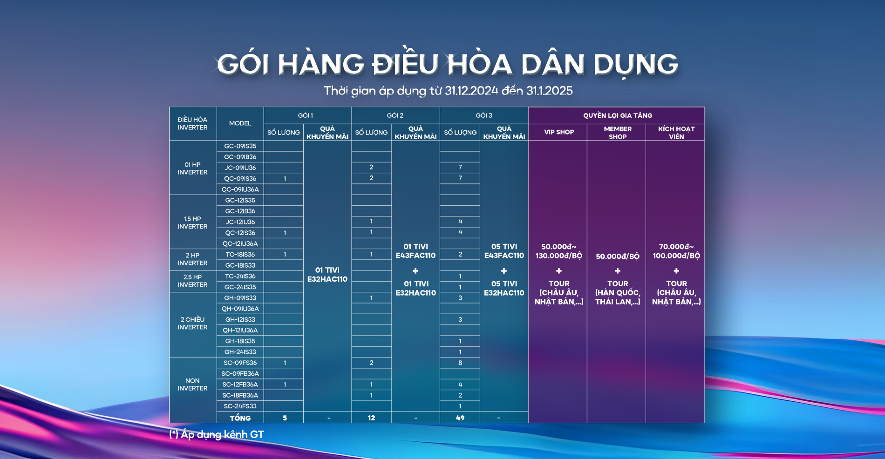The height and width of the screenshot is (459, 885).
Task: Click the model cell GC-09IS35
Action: click(x=240, y=146)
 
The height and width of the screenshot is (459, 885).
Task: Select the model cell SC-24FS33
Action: click(x=240, y=406)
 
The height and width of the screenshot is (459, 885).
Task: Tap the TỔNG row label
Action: click(x=240, y=418)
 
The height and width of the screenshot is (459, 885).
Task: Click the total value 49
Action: click(x=460, y=418)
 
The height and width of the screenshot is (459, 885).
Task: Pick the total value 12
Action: click(x=371, y=418)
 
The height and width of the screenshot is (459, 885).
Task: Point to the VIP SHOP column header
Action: click(x=559, y=132)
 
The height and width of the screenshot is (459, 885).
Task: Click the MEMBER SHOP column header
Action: click(x=618, y=133)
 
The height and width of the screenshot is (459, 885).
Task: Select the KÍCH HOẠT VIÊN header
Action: click(x=676, y=133)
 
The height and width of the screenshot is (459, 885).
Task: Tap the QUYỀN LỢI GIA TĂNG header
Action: click(x=618, y=115)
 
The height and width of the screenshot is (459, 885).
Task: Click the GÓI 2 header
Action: click(x=395, y=115)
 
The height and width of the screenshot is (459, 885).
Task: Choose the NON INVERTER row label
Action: click(x=192, y=385)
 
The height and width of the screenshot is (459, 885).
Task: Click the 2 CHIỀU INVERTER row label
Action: click(x=192, y=324)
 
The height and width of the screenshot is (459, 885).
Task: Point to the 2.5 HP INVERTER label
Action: click(x=192, y=281)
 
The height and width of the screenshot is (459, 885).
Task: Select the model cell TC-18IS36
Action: click(x=240, y=255)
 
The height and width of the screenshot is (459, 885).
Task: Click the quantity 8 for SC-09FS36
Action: click(x=460, y=363)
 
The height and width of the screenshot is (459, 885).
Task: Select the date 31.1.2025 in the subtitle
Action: click(x=550, y=91)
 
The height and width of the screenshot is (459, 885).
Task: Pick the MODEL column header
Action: click(x=240, y=123)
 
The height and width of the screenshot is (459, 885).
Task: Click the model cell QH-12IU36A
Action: click(x=240, y=331)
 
